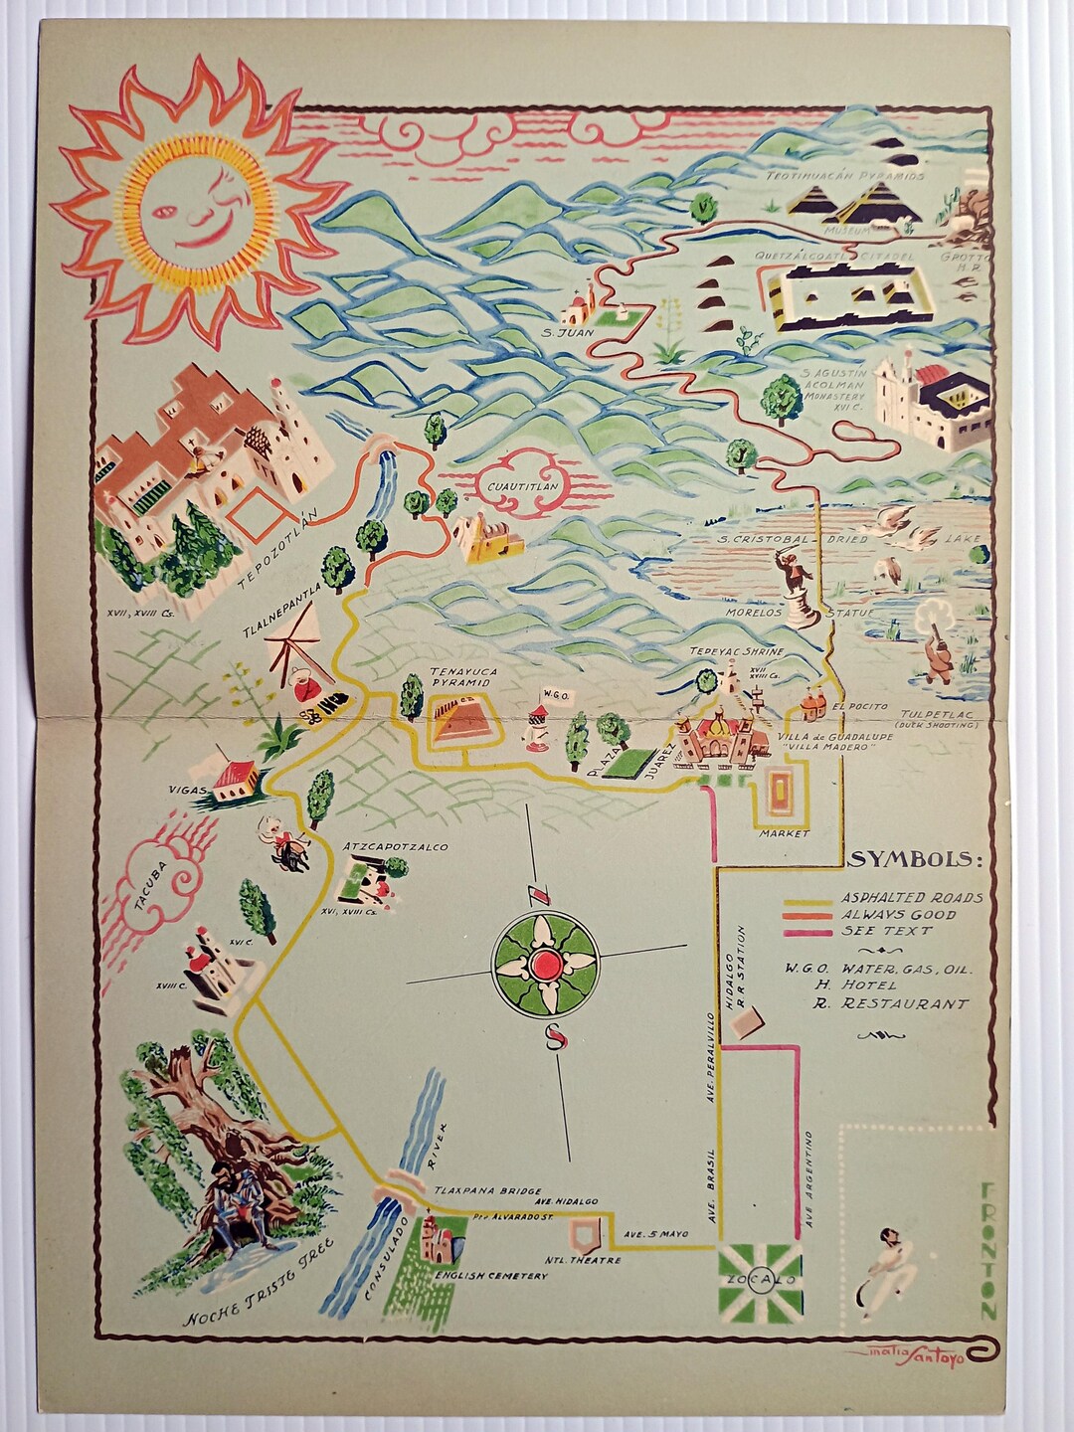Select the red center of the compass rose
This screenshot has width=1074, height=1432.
pos(545,964)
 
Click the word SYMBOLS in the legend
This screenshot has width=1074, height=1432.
pos(915,859)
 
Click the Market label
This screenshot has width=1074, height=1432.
pos(785,832)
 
